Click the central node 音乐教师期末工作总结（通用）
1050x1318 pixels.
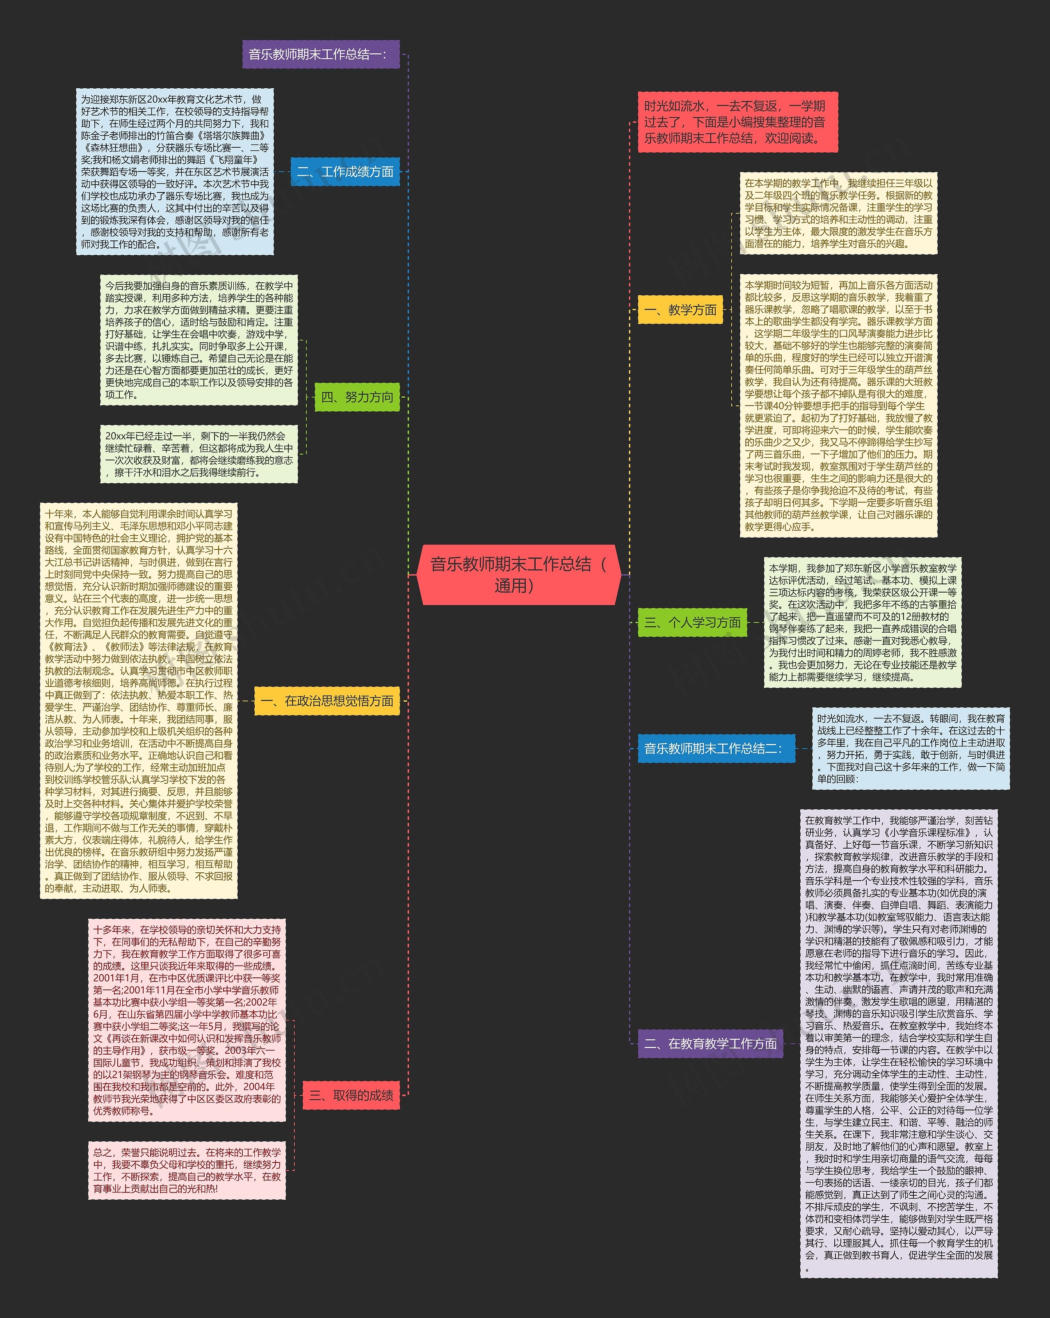pyautogui.click(x=518, y=574)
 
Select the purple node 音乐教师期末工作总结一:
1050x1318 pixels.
pyautogui.click(x=320, y=55)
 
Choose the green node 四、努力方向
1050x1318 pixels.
pyautogui.click(x=357, y=397)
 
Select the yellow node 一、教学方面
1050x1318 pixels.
pyautogui.click(x=680, y=310)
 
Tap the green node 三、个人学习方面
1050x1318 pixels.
pyautogui.click(x=692, y=622)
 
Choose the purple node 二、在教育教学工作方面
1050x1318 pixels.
pyautogui.click(x=710, y=1043)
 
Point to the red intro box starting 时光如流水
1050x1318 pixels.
pyautogui.click(x=737, y=122)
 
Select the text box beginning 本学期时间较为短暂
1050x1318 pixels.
pyautogui.click(x=838, y=406)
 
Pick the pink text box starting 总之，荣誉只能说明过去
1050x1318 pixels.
pyautogui.click(x=187, y=1170)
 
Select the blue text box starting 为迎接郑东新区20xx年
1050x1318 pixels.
pyautogui.click(x=175, y=172)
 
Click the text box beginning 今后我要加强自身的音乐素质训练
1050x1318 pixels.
pyautogui.click(x=199, y=340)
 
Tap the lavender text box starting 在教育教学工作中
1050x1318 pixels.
pyautogui.click(x=898, y=1043)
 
